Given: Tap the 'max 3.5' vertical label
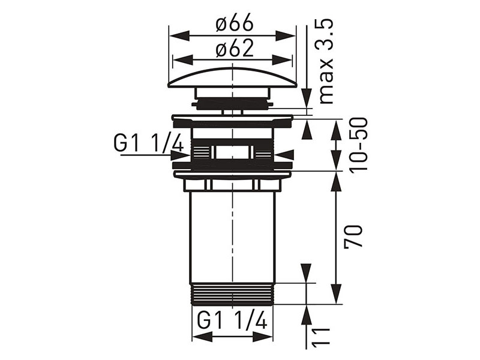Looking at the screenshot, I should tap(326, 62).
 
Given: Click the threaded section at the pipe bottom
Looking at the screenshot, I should tap(232, 294).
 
